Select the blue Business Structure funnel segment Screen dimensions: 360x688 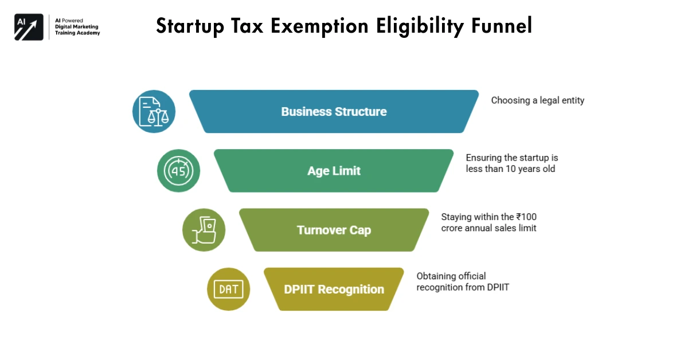click(334, 112)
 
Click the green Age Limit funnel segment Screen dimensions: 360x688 click(334, 171)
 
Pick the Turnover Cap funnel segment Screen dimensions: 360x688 click(334, 230)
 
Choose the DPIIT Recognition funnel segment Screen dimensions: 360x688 click(334, 289)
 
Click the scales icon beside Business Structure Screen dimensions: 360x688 click(154, 112)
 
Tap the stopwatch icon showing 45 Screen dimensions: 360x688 click(178, 171)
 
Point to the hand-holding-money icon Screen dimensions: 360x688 click(204, 230)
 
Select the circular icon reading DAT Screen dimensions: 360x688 click(228, 289)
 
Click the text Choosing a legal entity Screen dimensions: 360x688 click(537, 100)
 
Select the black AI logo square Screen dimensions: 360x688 click(29, 27)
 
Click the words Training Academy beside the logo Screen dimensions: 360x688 click(76, 33)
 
